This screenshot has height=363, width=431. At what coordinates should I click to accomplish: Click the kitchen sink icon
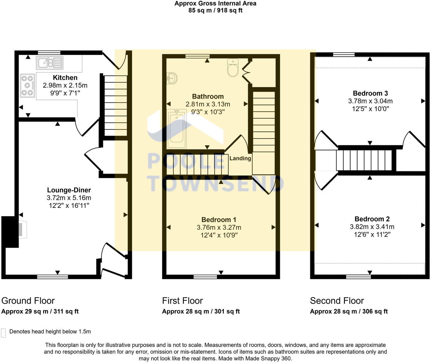click(x=50, y=63)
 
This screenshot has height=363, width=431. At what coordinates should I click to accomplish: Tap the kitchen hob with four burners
click(x=27, y=85)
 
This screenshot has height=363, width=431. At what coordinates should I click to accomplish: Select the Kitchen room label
click(x=65, y=78)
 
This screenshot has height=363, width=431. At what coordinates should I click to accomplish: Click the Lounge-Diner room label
click(x=69, y=190)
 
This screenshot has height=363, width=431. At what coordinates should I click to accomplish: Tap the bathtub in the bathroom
click(x=177, y=129)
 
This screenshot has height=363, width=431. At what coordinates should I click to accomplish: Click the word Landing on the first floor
click(x=240, y=158)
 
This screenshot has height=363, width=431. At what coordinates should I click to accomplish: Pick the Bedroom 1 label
click(x=219, y=220)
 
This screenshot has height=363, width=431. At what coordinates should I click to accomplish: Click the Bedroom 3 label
click(x=370, y=93)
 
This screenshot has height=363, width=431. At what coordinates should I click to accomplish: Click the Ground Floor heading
click(x=28, y=300)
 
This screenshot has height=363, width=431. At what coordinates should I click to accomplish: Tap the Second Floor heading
click(x=337, y=300)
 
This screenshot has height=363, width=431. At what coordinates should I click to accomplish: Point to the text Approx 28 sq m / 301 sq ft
click(x=201, y=311)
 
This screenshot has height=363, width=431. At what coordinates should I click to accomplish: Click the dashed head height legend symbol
click(x=3, y=332)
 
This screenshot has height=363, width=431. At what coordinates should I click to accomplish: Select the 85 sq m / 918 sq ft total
click(x=215, y=10)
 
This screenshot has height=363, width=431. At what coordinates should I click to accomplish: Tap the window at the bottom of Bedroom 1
click(x=205, y=277)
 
